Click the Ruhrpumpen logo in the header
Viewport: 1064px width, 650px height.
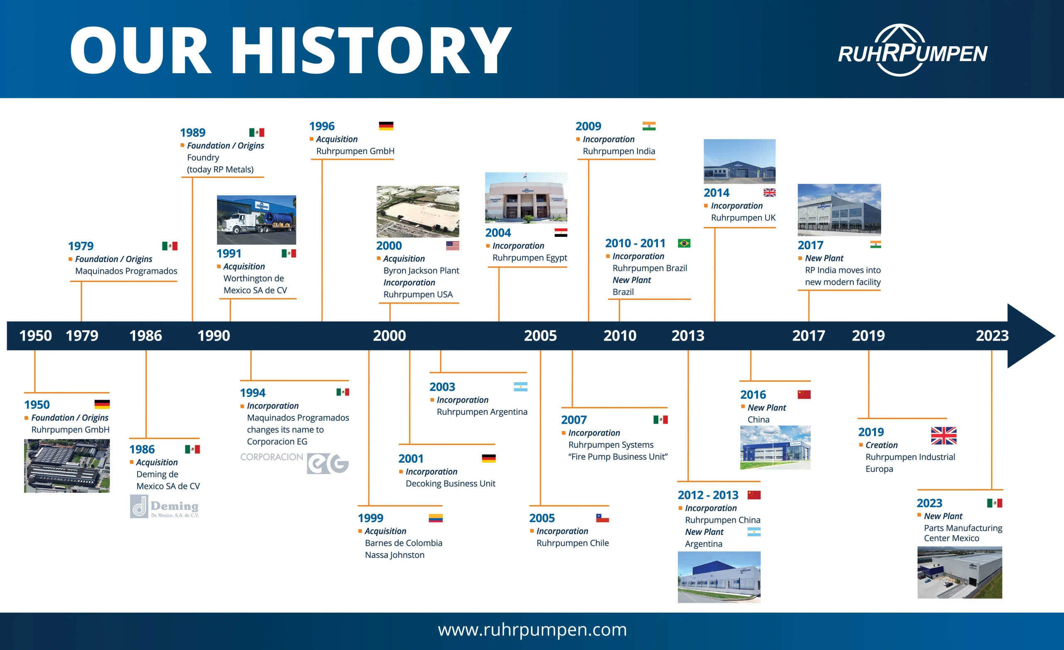tap(912, 51)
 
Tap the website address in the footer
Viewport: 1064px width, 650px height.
tap(532, 630)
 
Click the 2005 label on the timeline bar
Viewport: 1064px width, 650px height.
tap(540, 335)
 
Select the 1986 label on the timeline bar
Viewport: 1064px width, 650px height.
tap(145, 335)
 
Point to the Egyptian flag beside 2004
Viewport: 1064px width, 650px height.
tap(561, 233)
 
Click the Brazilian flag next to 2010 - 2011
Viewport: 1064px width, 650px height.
tap(684, 243)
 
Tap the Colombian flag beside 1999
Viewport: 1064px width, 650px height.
tap(435, 518)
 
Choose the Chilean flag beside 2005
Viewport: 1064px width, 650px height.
tap(602, 518)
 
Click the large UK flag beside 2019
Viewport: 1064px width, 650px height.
tap(943, 436)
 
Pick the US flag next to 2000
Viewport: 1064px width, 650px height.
tap(453, 245)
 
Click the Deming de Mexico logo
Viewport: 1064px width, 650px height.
tap(165, 506)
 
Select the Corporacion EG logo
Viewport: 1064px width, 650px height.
tap(294, 463)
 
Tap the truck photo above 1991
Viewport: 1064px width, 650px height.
tap(256, 220)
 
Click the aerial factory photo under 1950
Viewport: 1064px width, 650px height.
tap(67, 466)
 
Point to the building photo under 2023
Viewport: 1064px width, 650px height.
tap(960, 572)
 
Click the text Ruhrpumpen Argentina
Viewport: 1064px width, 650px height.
tap(482, 412)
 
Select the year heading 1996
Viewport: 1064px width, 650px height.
tap(322, 126)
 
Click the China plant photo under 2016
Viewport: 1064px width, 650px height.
tap(775, 448)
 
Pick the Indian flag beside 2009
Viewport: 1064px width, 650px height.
tap(649, 126)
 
